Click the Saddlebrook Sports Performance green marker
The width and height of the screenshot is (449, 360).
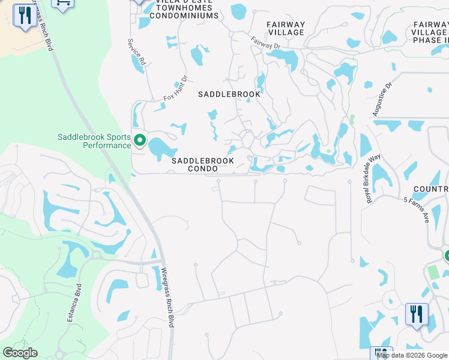coord(140,140)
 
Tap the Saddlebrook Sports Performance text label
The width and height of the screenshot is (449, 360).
coord(94,141)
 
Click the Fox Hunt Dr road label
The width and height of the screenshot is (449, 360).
coord(175,88)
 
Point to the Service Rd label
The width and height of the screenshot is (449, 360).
coord(136,52)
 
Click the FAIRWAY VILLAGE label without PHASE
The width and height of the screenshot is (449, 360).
coord(286,28)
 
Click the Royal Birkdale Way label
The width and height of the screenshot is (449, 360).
coord(375,178)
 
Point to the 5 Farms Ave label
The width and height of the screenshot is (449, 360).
coord(417,210)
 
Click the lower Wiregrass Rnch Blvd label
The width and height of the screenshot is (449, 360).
coord(167,296)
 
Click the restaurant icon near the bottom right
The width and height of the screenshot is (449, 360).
coord(416,313)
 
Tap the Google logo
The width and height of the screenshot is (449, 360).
coord(20,353)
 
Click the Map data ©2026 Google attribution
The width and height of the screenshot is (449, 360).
coord(412,355)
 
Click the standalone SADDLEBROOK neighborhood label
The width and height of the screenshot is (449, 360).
coord(230,94)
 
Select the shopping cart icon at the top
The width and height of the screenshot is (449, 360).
coord(62,4)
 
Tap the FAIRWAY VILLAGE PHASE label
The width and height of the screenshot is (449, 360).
coord(429,32)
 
